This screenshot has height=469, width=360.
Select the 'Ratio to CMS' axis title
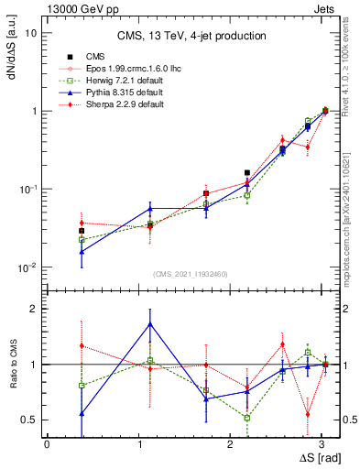pyautogui.click(x=12, y=365)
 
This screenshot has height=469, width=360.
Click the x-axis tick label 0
pyautogui.click(x=46, y=443)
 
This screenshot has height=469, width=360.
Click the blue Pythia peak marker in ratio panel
pyautogui.click(x=150, y=324)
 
